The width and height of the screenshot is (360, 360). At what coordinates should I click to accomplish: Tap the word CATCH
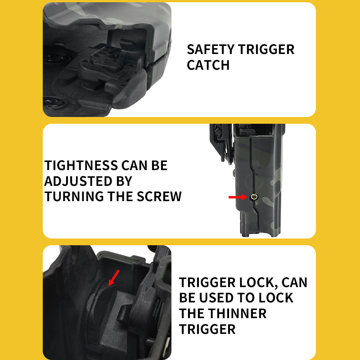click(x=208, y=65)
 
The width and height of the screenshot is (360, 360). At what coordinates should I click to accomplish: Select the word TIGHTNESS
click(x=81, y=166)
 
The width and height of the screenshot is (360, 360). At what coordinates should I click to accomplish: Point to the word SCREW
click(x=159, y=197)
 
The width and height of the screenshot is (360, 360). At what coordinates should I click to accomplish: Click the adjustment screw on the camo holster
click(x=254, y=197)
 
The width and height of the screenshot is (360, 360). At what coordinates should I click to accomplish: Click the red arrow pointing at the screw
click(x=238, y=197)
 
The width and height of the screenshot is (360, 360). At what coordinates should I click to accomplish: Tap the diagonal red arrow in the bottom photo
click(x=114, y=278)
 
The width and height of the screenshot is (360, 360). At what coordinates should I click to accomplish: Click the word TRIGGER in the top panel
click(x=266, y=49)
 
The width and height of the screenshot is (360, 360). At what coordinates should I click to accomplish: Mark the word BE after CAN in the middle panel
click(x=159, y=166)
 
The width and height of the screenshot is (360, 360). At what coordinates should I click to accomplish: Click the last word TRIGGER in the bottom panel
click(x=207, y=329)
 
